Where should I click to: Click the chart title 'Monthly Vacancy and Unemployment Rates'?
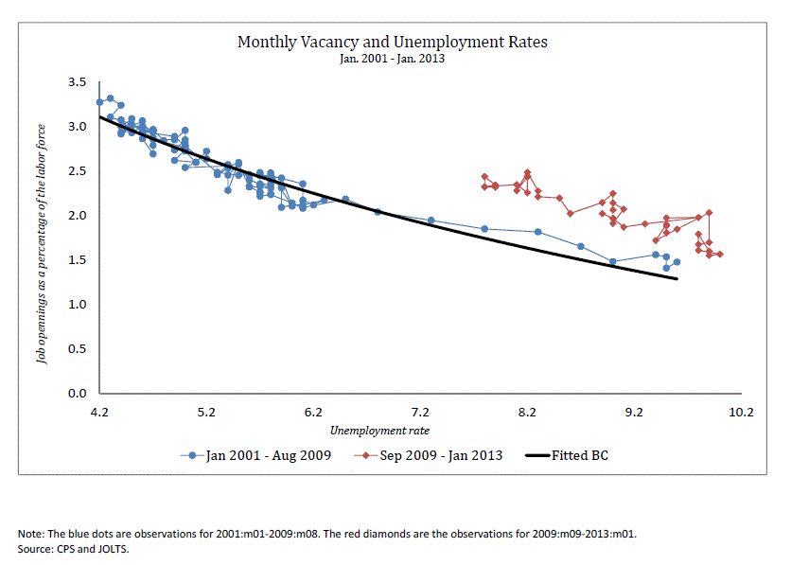[393, 42]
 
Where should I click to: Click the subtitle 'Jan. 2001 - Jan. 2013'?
[393, 59]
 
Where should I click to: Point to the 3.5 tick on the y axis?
[78, 81]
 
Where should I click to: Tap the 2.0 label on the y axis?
[78, 216]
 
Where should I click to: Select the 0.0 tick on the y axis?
[78, 393]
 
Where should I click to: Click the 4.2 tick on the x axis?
[99, 412]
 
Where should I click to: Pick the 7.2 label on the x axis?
[420, 412]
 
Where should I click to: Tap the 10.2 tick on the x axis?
[741, 412]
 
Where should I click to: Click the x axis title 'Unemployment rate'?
[379, 431]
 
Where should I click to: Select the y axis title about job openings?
[42, 244]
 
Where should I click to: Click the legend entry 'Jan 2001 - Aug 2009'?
[255, 455]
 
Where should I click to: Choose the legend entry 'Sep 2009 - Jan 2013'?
[429, 455]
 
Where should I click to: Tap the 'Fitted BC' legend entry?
[567, 455]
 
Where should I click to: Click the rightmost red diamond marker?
[720, 255]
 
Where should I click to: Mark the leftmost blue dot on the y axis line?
[100, 102]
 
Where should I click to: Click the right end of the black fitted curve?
[677, 278]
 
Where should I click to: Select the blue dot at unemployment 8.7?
[581, 246]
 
